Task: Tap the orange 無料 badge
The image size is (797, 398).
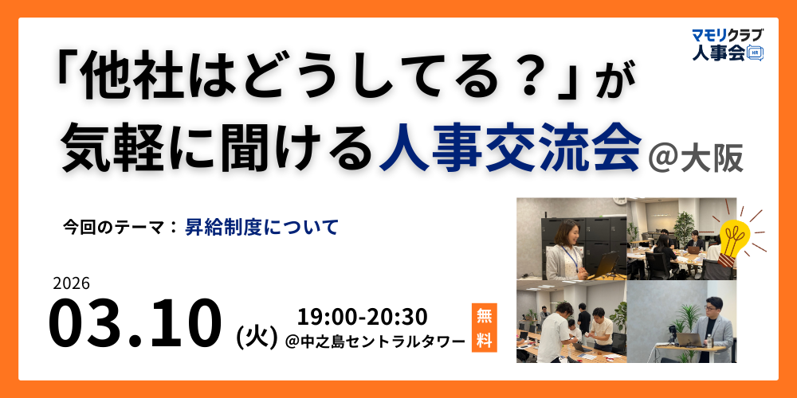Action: tap(484, 327)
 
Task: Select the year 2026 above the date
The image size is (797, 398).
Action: tap(71, 283)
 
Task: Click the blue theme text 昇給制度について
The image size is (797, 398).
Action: tap(262, 227)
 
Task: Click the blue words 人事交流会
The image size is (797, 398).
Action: tap(511, 149)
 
